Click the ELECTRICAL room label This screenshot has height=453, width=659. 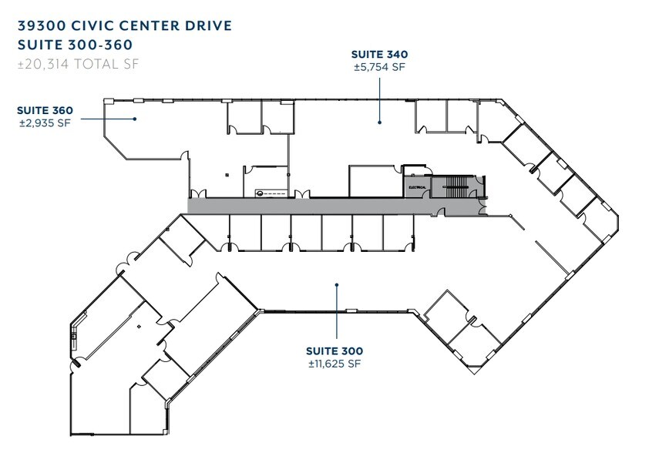point(416,186)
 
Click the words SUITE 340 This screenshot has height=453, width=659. point(379,55)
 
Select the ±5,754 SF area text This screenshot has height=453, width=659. point(379,67)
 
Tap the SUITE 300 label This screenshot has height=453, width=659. point(335,351)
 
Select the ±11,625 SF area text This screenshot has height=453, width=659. point(335,364)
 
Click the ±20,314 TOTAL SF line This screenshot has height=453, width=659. point(79,65)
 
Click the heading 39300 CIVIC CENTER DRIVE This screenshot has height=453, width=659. point(124,25)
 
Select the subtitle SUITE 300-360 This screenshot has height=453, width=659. point(75,45)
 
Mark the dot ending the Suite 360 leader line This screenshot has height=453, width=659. point(135,119)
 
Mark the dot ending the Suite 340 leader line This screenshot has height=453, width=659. point(379,121)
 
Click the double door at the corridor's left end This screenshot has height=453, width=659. point(198,193)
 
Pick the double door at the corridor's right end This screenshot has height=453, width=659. point(482,206)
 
